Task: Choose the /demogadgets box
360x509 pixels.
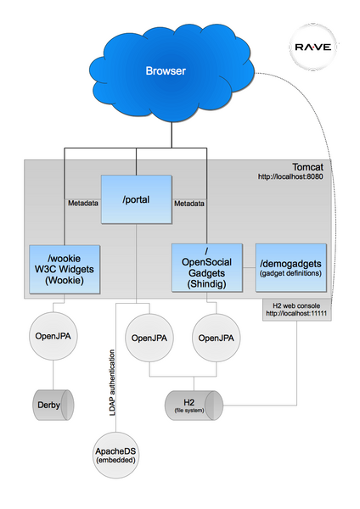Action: click(x=290, y=267)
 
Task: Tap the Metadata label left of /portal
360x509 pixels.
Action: click(x=83, y=204)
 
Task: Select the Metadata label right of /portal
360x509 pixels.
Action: click(x=189, y=204)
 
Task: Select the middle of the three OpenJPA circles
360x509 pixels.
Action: click(x=150, y=338)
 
